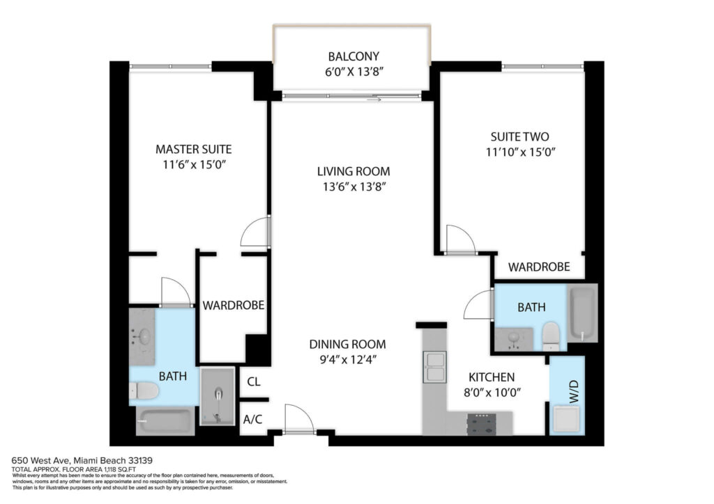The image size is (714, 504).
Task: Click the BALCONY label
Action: coord(354,56)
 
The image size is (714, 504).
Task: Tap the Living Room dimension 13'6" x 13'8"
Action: coord(354,187)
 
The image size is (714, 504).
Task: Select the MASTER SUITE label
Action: coord(194,149)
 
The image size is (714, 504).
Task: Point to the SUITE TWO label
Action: coord(519,137)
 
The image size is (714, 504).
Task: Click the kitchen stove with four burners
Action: coord(482,423)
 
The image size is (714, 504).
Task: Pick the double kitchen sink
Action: coord(434,367)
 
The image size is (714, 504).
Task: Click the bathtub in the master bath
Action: coord(165,421)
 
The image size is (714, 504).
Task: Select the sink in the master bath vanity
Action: coord(144,337)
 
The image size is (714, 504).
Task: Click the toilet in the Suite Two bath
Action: coord(551,337)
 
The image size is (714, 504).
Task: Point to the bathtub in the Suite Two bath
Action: coord(582,313)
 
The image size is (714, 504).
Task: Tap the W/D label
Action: coord(575,391)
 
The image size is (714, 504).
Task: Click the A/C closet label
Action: coord(252,420)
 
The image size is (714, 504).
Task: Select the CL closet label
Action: coord(254,381)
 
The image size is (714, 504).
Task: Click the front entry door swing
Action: coord(298,418)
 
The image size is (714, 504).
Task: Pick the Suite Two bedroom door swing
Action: coord(460,239)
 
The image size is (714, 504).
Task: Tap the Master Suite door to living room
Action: coord(256,232)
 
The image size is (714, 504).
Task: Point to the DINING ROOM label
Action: coord(347,344)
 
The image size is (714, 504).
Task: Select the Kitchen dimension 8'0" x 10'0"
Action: coord(492,392)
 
